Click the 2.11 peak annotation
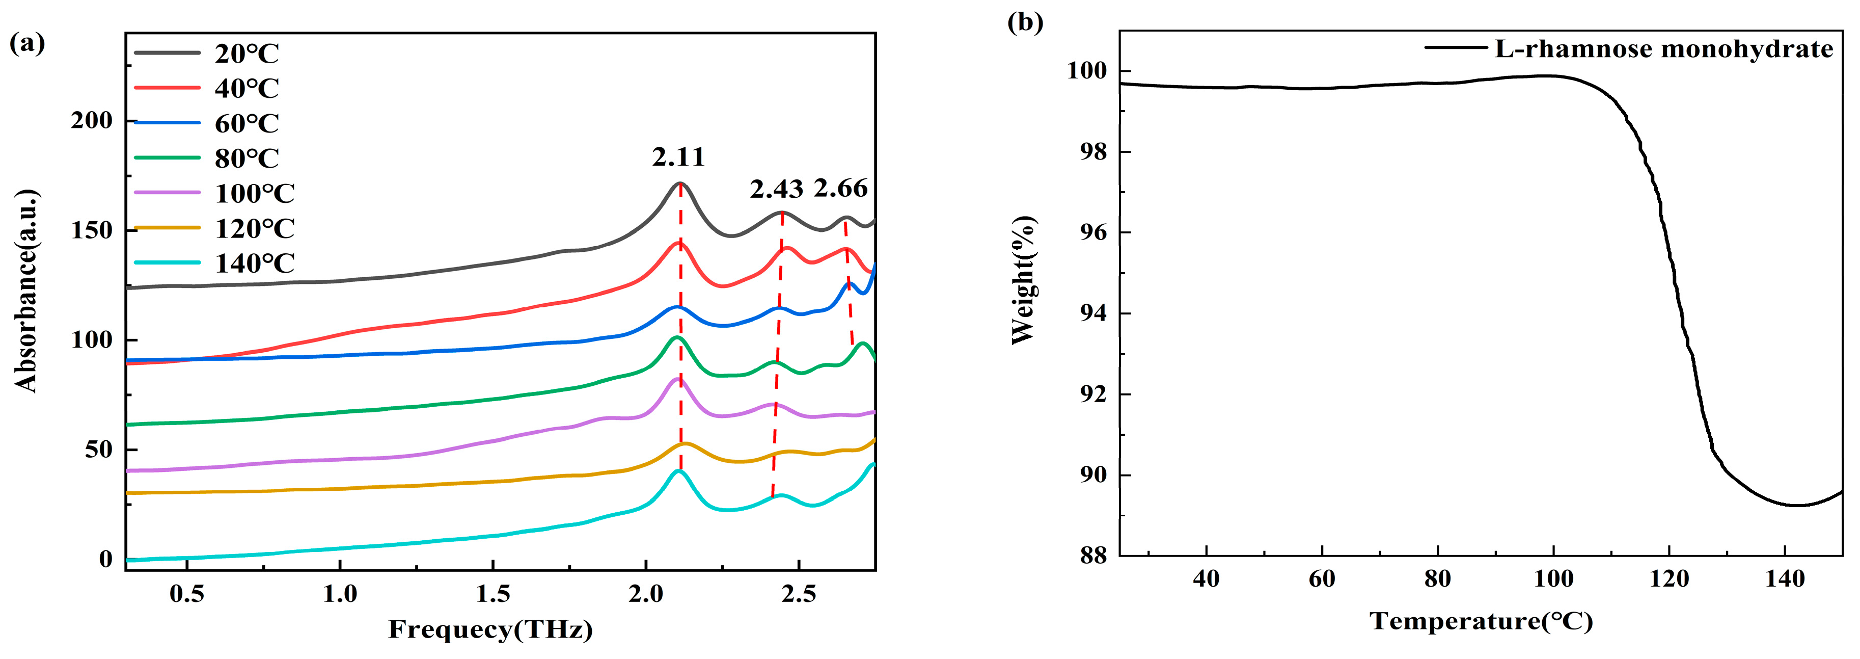(x=677, y=157)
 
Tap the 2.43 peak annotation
(x=776, y=189)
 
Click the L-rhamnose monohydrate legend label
(x=1663, y=49)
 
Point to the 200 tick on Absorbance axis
(x=92, y=121)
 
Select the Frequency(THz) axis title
(x=490, y=629)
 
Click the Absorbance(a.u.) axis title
(x=26, y=291)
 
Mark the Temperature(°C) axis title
(x=1481, y=621)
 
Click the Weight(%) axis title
(x=1023, y=280)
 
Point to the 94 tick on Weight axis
(x=1092, y=313)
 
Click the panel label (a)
(x=26, y=43)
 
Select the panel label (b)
(x=1025, y=22)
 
